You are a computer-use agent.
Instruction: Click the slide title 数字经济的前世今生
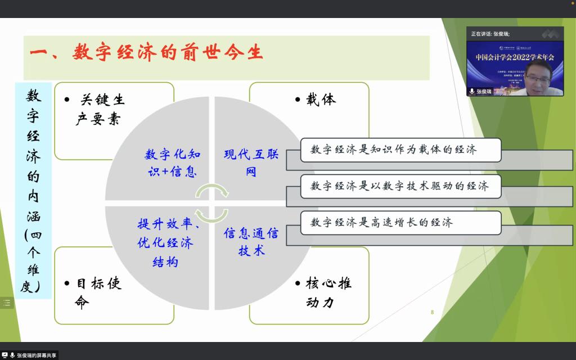click(x=146, y=53)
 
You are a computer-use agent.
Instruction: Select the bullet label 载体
click(x=321, y=100)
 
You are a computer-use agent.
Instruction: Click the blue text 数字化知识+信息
click(x=172, y=163)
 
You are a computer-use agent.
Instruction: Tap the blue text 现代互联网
click(x=251, y=163)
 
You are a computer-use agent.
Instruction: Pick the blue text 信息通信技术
click(x=251, y=242)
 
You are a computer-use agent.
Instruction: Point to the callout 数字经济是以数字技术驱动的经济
click(x=400, y=186)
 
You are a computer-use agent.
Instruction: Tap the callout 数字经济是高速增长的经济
click(x=400, y=223)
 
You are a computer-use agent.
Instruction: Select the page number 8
click(x=432, y=312)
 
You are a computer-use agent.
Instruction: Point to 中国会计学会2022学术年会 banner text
click(x=515, y=57)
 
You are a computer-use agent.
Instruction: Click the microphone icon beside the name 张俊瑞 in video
click(x=471, y=91)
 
